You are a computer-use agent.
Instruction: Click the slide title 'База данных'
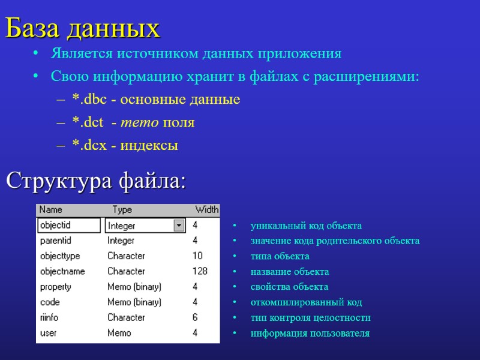[83, 28]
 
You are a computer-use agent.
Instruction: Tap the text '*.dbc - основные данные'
[156, 100]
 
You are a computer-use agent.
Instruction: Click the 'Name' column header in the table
[51, 210]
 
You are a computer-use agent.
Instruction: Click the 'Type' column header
[122, 210]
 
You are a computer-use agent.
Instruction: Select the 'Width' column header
[206, 210]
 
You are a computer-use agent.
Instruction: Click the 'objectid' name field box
[69, 225]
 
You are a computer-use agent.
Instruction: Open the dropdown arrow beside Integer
[178, 226]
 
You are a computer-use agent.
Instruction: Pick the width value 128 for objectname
[199, 271]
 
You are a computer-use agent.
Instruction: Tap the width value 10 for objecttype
[197, 256]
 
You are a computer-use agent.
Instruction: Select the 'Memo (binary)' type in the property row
[134, 287]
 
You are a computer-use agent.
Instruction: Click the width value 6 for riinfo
[195, 317]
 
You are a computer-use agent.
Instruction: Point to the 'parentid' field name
[56, 241]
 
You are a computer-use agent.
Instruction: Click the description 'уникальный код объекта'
[306, 226]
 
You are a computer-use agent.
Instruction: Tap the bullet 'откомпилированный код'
[306, 302]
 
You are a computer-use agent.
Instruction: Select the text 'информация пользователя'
[310, 333]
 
